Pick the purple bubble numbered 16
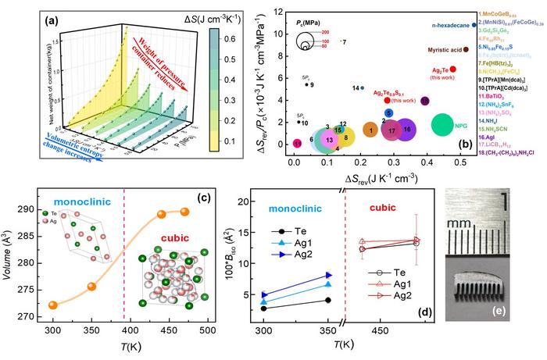coord(407,129)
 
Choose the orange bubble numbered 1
coord(370,129)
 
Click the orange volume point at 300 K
coord(53,305)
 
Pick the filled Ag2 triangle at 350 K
coord(329,275)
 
